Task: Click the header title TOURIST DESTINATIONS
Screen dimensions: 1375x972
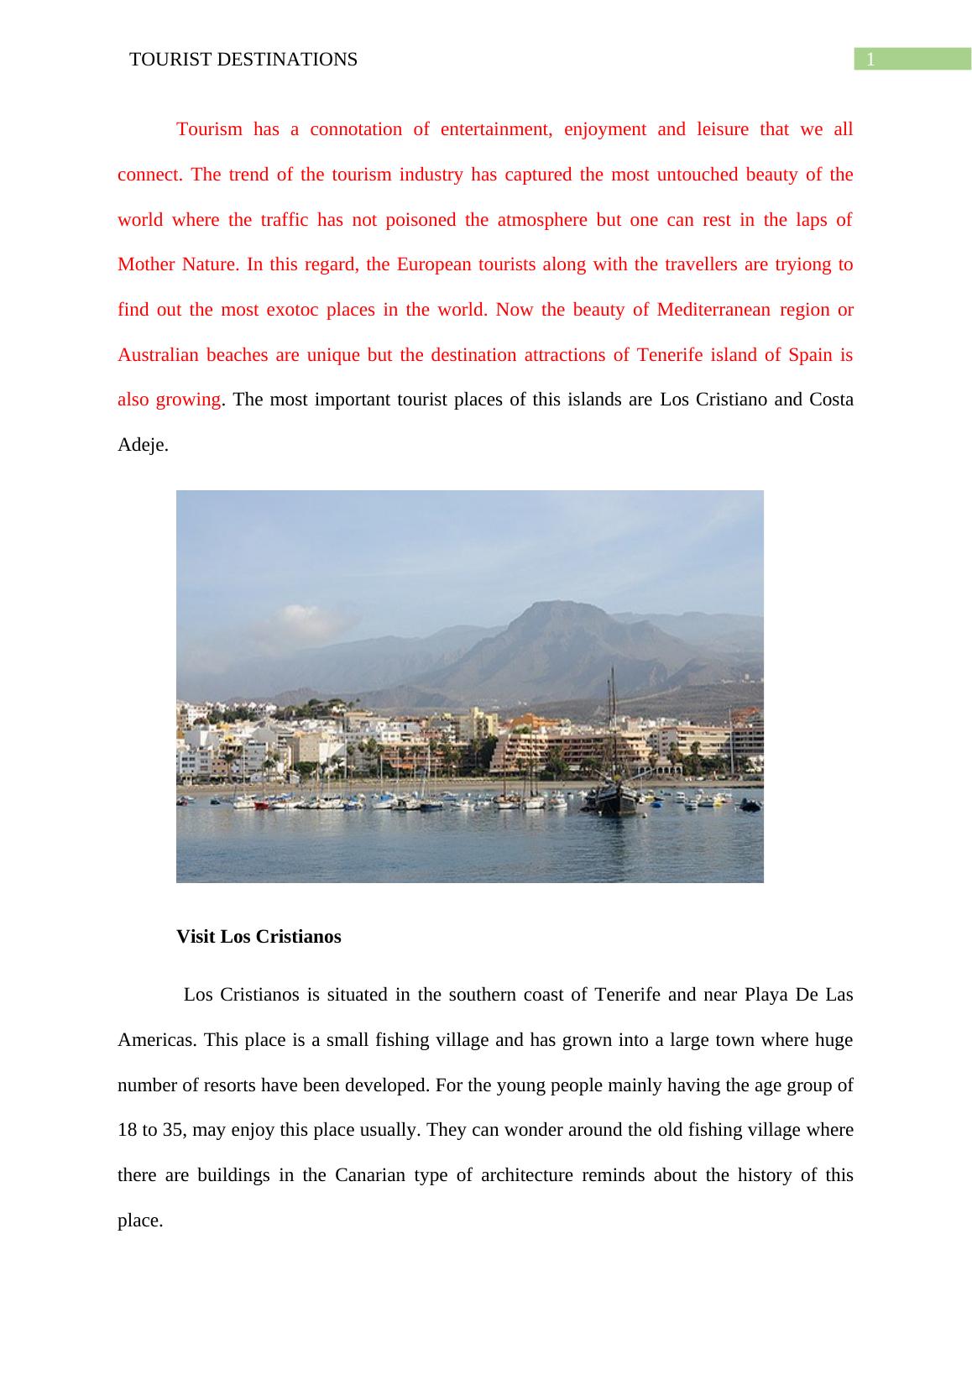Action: (x=243, y=60)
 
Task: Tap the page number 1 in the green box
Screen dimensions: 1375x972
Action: (x=871, y=60)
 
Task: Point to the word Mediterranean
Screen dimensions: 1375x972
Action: (x=713, y=310)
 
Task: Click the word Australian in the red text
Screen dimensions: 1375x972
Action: (x=158, y=354)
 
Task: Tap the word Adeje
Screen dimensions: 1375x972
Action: (x=142, y=445)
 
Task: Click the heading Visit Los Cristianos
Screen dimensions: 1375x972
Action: (x=259, y=937)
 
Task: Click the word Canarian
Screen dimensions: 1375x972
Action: (x=369, y=1175)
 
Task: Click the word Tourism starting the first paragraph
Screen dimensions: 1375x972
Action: (x=209, y=129)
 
